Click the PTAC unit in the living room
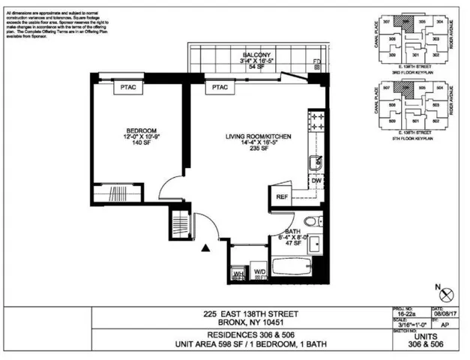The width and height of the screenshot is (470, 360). point(219,88)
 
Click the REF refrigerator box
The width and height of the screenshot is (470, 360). point(283,197)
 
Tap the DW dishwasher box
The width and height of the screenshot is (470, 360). point(316,181)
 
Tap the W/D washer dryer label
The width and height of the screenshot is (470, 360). point(260,271)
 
